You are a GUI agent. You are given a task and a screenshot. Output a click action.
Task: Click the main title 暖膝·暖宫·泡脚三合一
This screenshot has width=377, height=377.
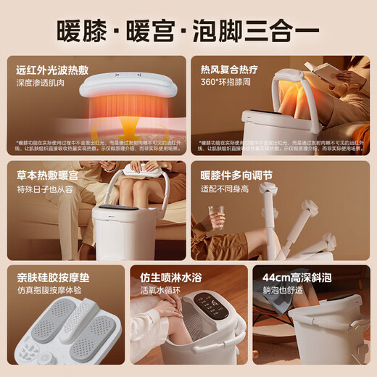[188, 32]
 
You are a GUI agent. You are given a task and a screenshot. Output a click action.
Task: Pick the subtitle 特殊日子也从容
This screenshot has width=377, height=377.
[46, 188]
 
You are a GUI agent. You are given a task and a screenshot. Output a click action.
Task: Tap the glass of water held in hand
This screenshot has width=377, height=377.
[215, 217]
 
